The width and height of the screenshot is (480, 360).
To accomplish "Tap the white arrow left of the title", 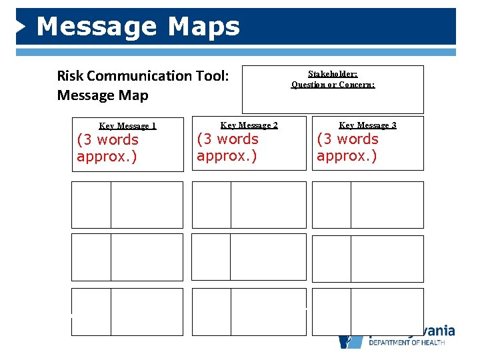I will [21, 26].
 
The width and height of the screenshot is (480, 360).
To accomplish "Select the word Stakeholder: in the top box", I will [333, 74].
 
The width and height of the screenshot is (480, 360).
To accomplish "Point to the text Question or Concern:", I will [333, 85].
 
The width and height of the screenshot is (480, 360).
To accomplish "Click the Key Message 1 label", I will [127, 126].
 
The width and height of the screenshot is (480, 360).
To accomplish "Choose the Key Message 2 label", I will [249, 125].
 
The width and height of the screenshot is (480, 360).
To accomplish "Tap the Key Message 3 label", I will [367, 125].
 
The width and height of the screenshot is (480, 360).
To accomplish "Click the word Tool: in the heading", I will [212, 76].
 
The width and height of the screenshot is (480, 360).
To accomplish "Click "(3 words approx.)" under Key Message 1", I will [107, 148].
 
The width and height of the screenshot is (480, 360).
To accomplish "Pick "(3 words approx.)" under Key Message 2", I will [227, 147].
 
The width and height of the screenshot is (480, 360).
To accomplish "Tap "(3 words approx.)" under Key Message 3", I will [347, 147].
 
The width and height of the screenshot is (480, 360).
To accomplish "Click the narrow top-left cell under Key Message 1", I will [91, 205].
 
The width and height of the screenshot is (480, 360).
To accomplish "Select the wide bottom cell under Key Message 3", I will [387, 311].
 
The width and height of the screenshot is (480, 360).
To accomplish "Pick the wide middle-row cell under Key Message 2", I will [268, 257].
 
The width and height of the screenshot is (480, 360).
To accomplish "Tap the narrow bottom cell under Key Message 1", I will [91, 311].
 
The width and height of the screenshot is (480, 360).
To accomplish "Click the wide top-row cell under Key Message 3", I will [387, 205].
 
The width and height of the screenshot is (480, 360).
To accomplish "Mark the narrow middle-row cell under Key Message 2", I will [211, 257].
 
